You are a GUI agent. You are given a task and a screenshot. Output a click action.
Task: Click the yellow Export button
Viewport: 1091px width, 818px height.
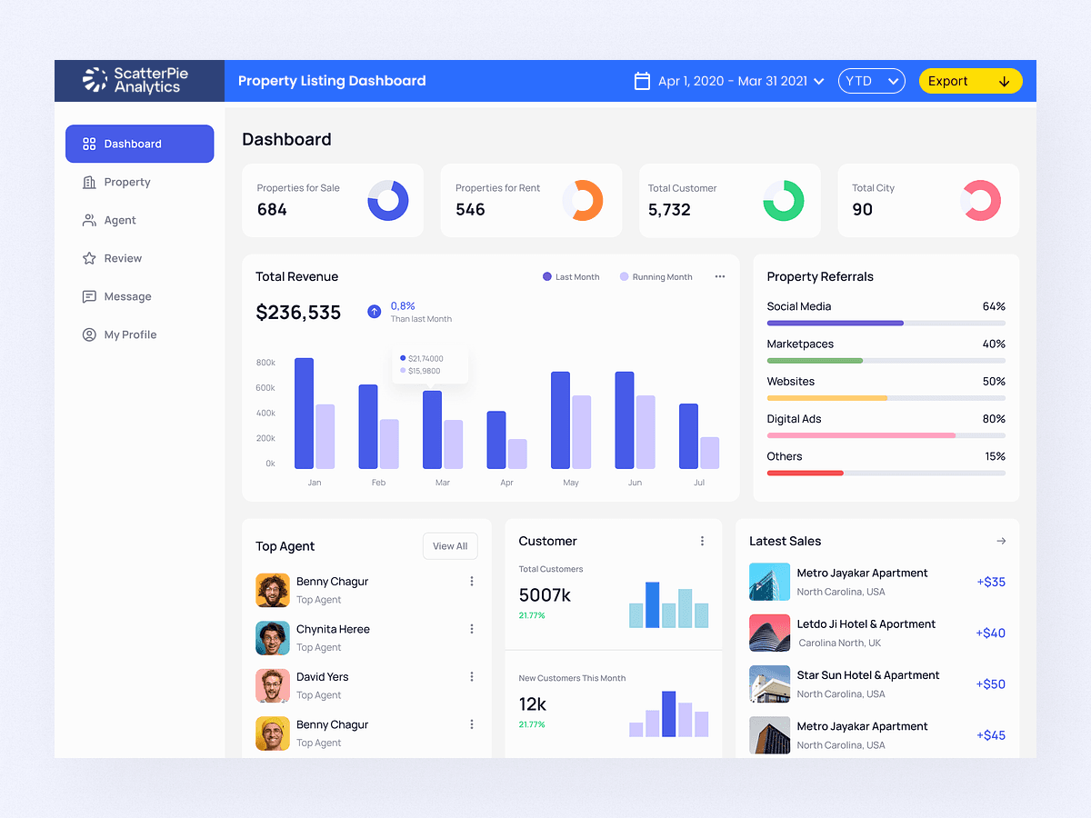point(970,81)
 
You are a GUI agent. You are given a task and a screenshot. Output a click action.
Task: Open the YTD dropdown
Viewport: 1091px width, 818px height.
point(871,81)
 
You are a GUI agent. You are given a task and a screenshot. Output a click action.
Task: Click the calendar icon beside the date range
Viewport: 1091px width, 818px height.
point(642,81)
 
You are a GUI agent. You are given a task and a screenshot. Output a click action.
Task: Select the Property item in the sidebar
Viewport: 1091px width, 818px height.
point(126,182)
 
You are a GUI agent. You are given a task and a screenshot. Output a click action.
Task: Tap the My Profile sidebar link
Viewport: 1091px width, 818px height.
point(129,334)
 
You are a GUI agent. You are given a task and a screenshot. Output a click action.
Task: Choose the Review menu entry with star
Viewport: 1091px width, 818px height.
point(122,258)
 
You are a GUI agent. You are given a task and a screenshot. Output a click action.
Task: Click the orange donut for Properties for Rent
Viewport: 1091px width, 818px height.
point(583,200)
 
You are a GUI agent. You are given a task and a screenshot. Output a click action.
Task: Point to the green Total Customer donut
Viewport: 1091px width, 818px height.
point(783,200)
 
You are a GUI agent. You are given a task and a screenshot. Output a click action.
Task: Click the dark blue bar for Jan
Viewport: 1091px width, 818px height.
point(304,414)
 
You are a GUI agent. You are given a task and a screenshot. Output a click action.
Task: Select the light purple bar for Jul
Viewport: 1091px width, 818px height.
point(709,453)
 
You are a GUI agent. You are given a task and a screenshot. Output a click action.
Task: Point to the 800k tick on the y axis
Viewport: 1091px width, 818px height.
point(265,363)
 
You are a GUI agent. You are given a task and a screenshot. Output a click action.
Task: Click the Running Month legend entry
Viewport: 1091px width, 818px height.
point(656,276)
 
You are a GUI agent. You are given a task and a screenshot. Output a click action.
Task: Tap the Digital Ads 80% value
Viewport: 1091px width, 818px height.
point(994,419)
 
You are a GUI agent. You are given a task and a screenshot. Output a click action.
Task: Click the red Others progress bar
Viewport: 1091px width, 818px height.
point(805,473)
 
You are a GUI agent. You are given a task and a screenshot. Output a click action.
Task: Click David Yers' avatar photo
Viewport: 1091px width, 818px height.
point(273,685)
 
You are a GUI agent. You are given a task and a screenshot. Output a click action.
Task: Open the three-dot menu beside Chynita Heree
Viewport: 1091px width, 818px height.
point(471,629)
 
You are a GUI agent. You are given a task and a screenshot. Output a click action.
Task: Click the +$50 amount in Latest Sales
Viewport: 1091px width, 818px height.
point(990,684)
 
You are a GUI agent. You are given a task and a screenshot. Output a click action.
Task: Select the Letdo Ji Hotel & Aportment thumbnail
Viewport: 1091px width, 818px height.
point(769,633)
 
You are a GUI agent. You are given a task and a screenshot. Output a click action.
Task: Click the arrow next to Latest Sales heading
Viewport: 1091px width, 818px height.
point(1001,541)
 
